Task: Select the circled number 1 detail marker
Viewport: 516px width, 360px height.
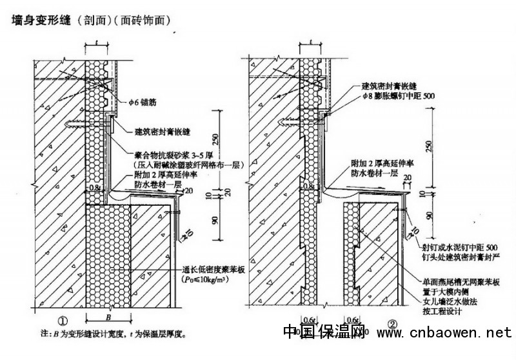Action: click(x=62, y=319)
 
